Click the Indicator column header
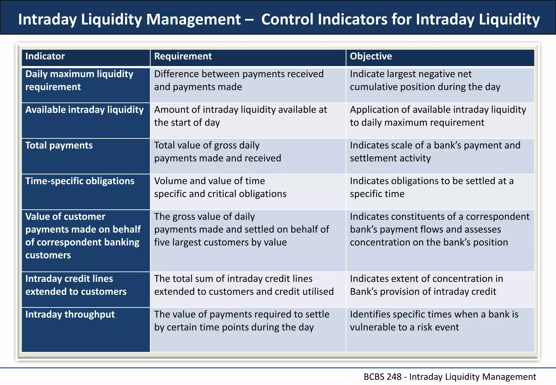(45, 56)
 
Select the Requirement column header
(183, 56)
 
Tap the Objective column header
(371, 56)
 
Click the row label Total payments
(59, 145)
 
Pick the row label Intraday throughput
(70, 314)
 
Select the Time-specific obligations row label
(80, 181)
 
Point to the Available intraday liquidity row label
(84, 110)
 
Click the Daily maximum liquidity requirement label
(79, 80)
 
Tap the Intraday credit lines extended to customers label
(76, 285)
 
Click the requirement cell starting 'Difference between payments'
(239, 80)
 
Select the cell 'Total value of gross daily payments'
(218, 152)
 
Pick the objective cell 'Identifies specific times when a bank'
(434, 321)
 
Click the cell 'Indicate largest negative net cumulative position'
(425, 80)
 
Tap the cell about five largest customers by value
(242, 229)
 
